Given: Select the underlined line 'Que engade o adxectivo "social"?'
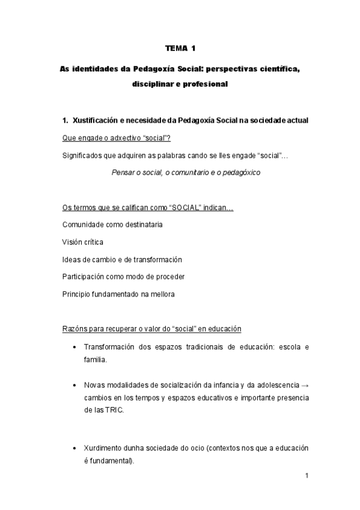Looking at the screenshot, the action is click(x=116, y=138).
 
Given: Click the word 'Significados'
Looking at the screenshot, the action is click(x=82, y=156).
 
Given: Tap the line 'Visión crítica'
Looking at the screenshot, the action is click(x=83, y=242).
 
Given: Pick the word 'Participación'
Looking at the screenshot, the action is click(x=85, y=277).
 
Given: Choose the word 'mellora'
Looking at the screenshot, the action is click(x=162, y=294).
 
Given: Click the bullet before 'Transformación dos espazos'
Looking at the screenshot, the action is click(x=73, y=348).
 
